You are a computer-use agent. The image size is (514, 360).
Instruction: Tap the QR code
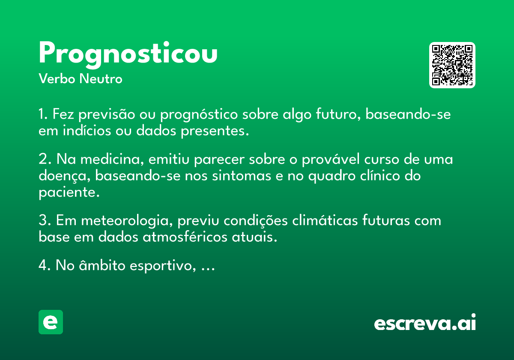pos(452,65)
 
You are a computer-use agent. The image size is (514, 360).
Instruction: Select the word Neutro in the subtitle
pos(102,79)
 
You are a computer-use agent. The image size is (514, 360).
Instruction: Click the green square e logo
pos(51,322)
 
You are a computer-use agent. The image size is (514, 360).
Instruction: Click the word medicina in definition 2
pos(112,159)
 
